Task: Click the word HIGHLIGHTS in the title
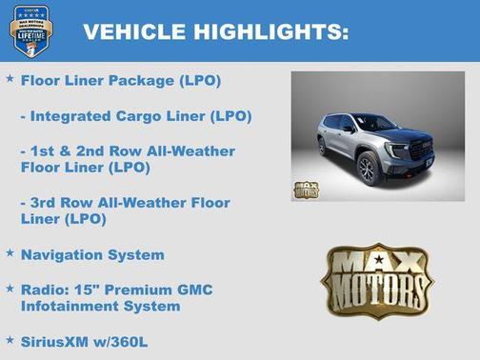click(x=270, y=32)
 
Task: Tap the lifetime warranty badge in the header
click(x=31, y=31)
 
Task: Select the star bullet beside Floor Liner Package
click(x=10, y=79)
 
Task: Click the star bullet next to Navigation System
click(x=10, y=253)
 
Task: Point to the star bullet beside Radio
click(x=10, y=288)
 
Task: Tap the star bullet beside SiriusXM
click(x=10, y=339)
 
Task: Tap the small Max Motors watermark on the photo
click(x=306, y=188)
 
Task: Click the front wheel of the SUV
click(x=369, y=169)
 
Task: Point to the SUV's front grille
click(x=419, y=150)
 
